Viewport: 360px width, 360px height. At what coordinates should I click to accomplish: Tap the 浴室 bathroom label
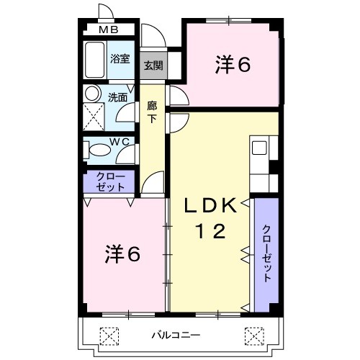[x=120, y=60]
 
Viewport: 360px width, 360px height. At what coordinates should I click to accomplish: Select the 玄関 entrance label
[x=153, y=65]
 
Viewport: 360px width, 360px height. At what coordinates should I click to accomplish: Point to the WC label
[x=120, y=142]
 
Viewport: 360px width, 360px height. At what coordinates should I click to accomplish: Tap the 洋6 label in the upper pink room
[x=232, y=65]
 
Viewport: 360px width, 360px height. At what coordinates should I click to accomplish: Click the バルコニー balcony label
[x=176, y=336]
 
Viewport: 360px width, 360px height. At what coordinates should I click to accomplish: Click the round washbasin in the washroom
[x=92, y=94]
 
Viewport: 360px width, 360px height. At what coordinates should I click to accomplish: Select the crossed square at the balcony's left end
[x=107, y=336]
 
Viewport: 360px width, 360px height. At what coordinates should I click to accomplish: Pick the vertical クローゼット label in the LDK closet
[x=266, y=253]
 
